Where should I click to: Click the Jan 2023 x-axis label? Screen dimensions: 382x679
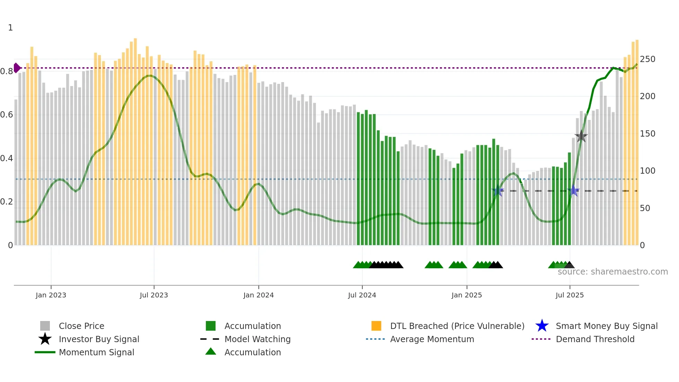51,295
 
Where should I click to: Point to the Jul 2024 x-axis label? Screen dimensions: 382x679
362,295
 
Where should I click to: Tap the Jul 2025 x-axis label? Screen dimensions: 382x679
570,295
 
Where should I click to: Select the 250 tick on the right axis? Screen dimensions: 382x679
647,59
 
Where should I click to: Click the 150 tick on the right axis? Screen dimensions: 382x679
647,134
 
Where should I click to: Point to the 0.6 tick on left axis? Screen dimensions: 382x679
7,115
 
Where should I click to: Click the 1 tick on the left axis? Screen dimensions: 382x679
10,28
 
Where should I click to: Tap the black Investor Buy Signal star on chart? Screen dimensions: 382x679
581,136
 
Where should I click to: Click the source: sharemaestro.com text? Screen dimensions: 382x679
612,272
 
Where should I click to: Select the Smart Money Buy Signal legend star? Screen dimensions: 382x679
542,326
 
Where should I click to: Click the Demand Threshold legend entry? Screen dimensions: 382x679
595,339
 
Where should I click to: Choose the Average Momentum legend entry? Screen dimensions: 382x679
432,339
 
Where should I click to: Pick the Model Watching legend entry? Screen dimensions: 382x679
257,339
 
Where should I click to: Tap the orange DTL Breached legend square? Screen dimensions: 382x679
376,326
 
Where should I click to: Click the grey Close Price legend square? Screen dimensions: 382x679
45,326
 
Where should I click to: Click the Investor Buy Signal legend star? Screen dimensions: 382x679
45,339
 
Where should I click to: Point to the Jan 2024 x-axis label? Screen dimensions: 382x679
258,295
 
